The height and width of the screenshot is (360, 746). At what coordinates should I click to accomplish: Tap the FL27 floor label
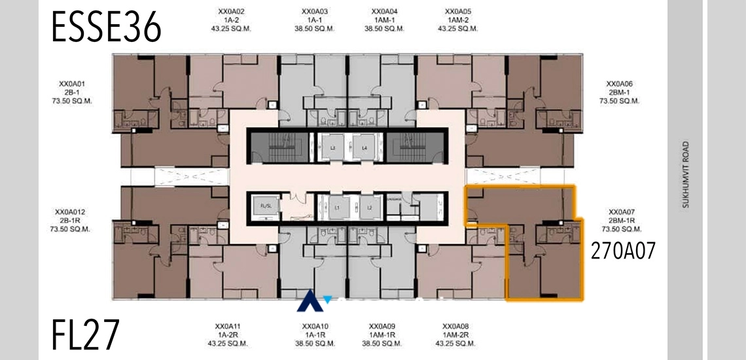[x=86, y=335]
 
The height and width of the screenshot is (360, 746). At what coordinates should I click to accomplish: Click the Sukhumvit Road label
[x=686, y=175]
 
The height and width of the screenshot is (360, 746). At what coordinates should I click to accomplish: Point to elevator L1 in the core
[x=338, y=207]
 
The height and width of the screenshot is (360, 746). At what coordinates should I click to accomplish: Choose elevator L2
[x=370, y=207]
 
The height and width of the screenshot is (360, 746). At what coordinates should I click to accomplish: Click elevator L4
[x=364, y=148]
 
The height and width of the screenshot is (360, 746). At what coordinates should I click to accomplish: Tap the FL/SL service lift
[x=266, y=207]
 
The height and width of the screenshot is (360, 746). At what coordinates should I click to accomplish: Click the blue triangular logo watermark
[x=308, y=302]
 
